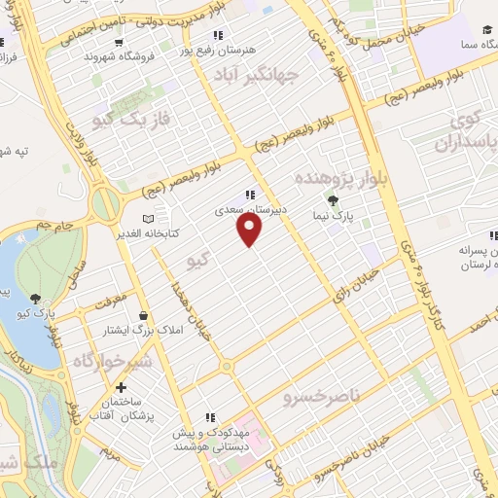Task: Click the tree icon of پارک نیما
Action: point(335,201)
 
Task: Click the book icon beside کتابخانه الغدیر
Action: point(148,218)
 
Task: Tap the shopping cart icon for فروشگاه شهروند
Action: point(118,42)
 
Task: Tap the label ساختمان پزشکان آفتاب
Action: point(144,409)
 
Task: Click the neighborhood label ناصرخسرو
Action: point(321,398)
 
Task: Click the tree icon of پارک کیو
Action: point(36,300)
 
